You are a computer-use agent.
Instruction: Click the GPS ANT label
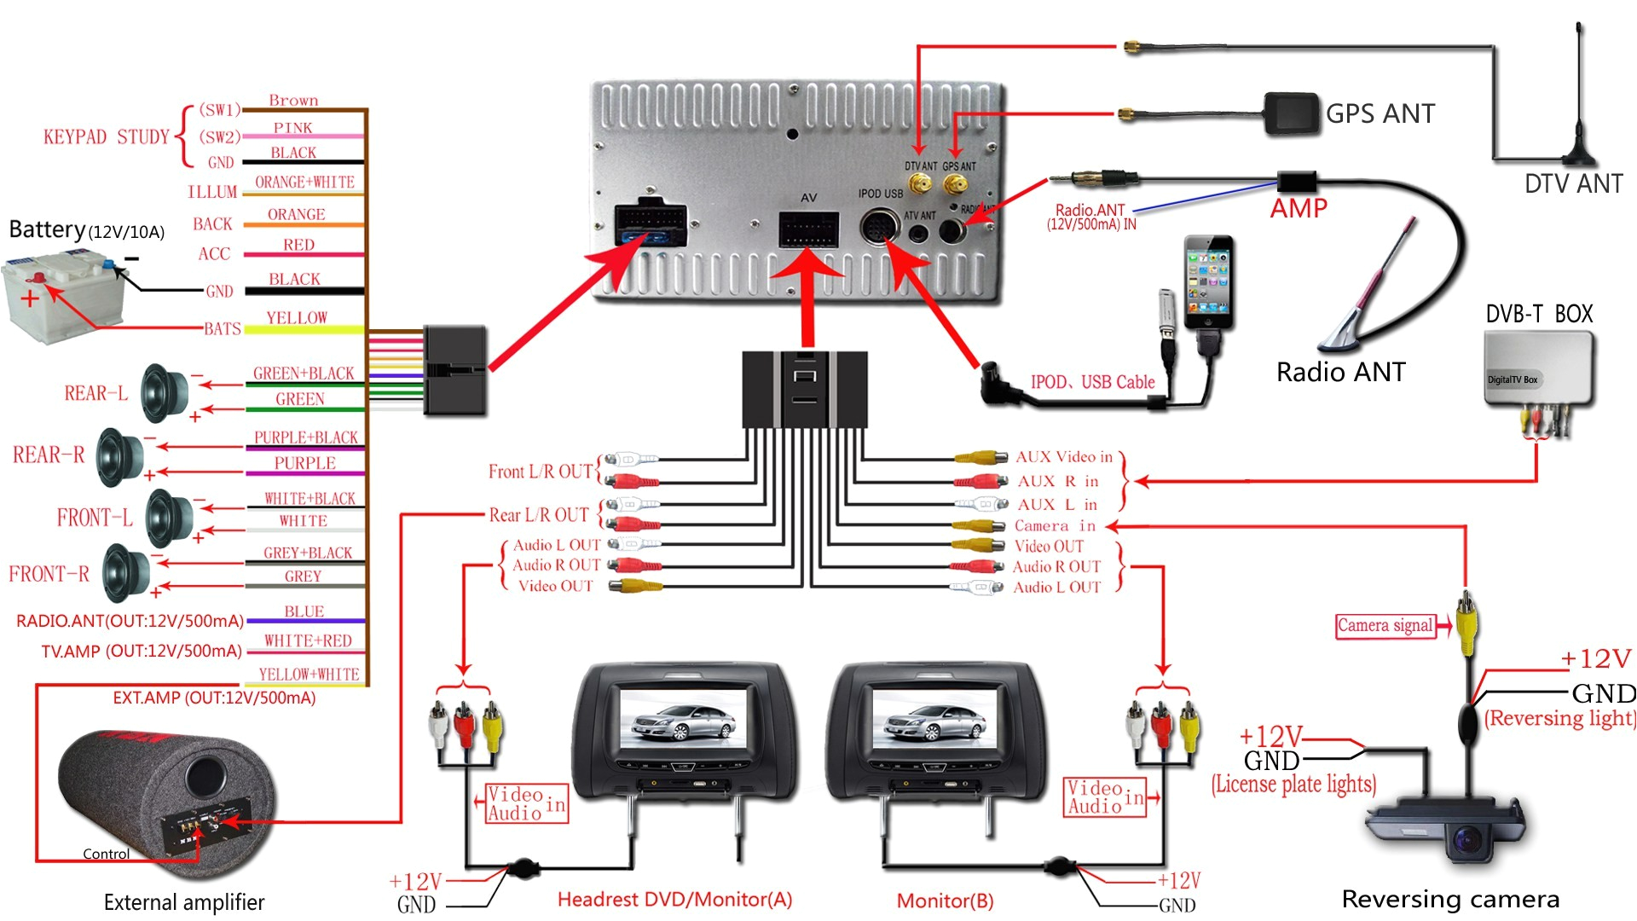(x=1380, y=113)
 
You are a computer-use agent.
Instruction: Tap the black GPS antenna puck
(x=1292, y=114)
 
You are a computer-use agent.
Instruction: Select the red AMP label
(x=1299, y=208)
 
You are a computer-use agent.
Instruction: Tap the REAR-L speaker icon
(x=164, y=393)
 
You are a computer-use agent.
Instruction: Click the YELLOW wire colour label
(x=297, y=318)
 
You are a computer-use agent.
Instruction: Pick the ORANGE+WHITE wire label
(x=304, y=182)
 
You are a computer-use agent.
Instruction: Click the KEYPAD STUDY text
(x=107, y=137)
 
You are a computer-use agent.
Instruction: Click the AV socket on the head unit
(x=808, y=229)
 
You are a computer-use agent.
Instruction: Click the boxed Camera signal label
(x=1385, y=626)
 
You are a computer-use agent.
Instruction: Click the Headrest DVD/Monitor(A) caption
(x=674, y=900)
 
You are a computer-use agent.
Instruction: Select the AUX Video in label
(x=1064, y=457)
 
